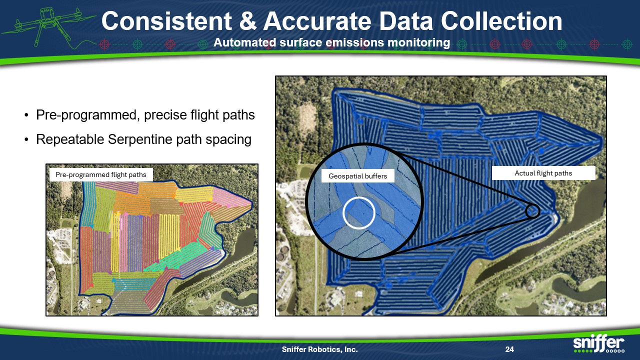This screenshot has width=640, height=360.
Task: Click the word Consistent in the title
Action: [166, 21]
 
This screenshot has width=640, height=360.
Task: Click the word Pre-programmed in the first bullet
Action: [87, 115]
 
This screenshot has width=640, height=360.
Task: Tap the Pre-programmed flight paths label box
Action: [101, 174]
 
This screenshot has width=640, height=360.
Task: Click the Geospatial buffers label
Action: [357, 175]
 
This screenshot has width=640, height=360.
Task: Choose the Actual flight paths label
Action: [543, 173]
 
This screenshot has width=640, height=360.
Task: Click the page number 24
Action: [509, 349]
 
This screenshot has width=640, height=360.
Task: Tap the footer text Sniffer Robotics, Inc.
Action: [319, 349]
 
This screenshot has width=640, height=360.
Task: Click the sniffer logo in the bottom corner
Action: [599, 343]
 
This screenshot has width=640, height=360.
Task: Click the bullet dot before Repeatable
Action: [26, 140]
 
